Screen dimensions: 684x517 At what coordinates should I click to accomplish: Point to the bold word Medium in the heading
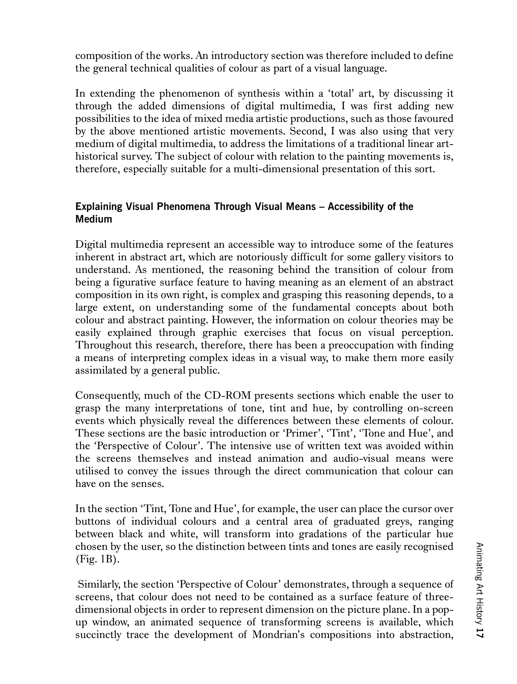94,219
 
